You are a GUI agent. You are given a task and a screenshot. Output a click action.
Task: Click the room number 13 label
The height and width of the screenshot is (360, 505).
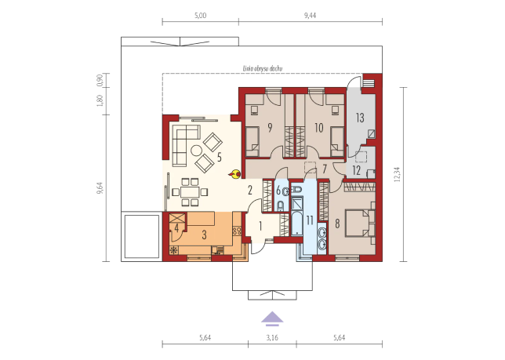coord(360,118)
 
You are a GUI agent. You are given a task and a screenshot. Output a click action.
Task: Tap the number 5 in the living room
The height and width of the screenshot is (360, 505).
coord(220,157)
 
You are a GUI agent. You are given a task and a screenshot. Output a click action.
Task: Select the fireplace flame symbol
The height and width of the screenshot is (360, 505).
coord(235,174)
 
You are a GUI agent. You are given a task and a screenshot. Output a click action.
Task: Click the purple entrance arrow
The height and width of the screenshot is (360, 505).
coord(272,317)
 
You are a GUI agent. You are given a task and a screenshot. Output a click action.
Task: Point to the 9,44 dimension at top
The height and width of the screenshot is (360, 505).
coord(311,16)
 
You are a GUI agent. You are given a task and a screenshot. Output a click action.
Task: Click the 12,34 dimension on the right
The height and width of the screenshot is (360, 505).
coord(398,174)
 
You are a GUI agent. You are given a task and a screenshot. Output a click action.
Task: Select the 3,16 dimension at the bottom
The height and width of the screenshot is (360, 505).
coord(272,337)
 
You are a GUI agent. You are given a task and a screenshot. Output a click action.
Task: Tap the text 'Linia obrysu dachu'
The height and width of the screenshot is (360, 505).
coord(263,68)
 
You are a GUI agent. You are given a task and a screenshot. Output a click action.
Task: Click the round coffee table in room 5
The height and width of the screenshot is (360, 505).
coord(197,150)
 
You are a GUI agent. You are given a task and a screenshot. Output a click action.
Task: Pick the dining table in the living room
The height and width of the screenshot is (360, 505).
coord(190,193)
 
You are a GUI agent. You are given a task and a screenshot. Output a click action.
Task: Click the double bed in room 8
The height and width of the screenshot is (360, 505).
coord(360,224)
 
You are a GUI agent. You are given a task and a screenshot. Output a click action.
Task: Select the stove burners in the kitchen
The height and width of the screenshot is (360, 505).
coord(237,231)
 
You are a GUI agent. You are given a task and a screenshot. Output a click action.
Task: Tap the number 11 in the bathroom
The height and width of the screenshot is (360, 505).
coord(310,220)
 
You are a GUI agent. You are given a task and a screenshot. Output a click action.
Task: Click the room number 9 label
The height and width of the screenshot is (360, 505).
coord(270,128)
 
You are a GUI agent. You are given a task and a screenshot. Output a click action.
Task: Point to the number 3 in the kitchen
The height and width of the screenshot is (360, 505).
coord(204,235)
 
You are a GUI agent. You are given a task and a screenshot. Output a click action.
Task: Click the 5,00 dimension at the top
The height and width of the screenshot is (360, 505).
coord(200,16)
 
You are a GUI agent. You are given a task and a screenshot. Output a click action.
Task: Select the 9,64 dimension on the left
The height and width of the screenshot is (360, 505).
coord(100,188)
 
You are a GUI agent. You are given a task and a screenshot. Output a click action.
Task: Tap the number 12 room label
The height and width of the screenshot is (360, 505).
coord(356,170)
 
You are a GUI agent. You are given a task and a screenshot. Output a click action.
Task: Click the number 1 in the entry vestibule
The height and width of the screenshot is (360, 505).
coord(260,226)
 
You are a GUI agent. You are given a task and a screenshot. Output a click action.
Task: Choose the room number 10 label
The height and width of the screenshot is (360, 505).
coord(319,128)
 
